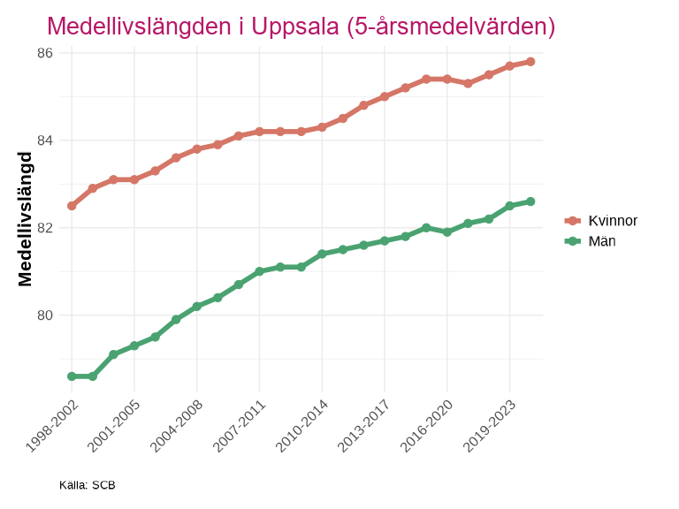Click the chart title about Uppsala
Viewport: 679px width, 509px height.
pyautogui.click(x=301, y=27)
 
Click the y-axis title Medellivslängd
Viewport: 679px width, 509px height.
pyautogui.click(x=26, y=218)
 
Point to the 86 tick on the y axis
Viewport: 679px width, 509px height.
pyautogui.click(x=45, y=53)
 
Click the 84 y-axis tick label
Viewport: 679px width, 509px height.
pyautogui.click(x=45, y=141)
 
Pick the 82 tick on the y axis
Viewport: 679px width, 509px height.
pyautogui.click(x=45, y=228)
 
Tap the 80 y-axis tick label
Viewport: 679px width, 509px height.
pyautogui.click(x=45, y=315)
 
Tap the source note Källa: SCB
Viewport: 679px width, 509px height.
pyautogui.click(x=88, y=485)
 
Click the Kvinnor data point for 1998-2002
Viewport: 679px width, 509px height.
pyautogui.click(x=72, y=206)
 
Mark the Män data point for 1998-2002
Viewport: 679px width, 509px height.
pyautogui.click(x=72, y=376)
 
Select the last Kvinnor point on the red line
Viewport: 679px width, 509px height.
pyautogui.click(x=530, y=62)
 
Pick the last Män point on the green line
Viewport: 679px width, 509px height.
pyautogui.click(x=530, y=201)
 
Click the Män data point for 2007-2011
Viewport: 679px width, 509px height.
pyautogui.click(x=260, y=271)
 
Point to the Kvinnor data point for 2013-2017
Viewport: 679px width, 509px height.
pyautogui.click(x=385, y=96)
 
